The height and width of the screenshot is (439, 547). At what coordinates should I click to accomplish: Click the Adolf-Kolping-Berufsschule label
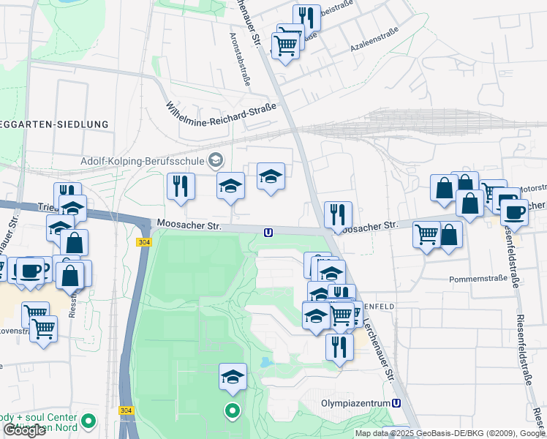[143, 160]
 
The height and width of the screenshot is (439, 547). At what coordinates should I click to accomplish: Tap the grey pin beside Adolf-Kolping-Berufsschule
[216, 160]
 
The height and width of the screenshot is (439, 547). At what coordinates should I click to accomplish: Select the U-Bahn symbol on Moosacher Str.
[269, 233]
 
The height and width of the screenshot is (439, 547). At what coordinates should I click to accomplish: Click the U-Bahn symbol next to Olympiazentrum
[396, 402]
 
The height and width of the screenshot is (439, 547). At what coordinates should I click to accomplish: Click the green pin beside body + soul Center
[89, 421]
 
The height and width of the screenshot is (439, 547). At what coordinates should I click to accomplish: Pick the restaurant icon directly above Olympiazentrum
[339, 345]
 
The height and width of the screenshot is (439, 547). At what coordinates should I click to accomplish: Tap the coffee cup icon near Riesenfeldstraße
[514, 211]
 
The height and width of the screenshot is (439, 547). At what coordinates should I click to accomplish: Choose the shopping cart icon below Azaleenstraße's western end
[285, 45]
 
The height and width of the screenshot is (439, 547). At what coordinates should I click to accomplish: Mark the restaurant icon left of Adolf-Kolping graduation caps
[180, 185]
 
